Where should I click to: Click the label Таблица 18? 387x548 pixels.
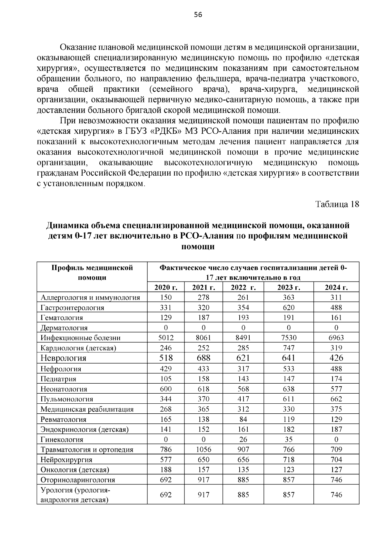pyautogui.click(x=337, y=204)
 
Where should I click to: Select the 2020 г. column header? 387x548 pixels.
pyautogui.click(x=166, y=287)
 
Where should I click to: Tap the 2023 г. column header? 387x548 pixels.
pyautogui.click(x=288, y=287)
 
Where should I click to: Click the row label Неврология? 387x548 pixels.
pyautogui.click(x=64, y=358)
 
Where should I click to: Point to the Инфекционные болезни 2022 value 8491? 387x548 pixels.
pyautogui.click(x=243, y=338)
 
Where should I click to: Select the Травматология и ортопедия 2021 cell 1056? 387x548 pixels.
pyautogui.click(x=203, y=450)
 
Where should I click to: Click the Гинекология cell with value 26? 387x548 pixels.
pyautogui.click(x=243, y=439)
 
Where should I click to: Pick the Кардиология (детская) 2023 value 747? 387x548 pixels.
pyautogui.click(x=288, y=348)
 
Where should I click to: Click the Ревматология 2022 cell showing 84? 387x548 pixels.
pyautogui.click(x=243, y=419)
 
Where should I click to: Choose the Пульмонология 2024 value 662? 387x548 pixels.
pyautogui.click(x=336, y=399)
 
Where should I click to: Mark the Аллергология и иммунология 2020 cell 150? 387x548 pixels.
pyautogui.click(x=166, y=297)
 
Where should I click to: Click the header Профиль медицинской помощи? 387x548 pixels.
pyautogui.click(x=92, y=273)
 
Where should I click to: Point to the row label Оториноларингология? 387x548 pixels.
pyautogui.click(x=78, y=480)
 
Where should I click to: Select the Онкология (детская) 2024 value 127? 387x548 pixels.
pyautogui.click(x=336, y=470)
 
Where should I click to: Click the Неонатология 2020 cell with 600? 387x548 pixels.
pyautogui.click(x=166, y=389)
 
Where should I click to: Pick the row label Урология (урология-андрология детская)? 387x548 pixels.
pyautogui.click(x=75, y=495)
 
